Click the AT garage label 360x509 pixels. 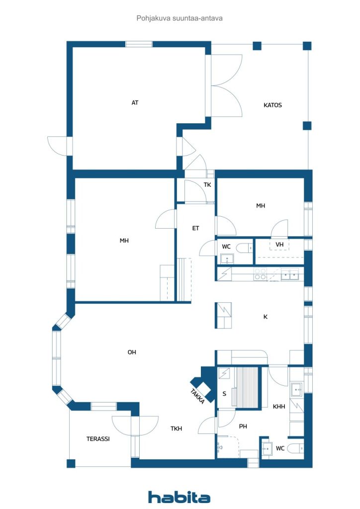coord(135,102)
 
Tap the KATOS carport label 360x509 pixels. coord(272,105)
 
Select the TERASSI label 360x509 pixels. coord(98,439)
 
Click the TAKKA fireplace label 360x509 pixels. coord(198,396)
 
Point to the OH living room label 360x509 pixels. coord(132,352)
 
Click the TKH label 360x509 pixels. coord(176,428)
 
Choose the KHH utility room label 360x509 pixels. coord(279,407)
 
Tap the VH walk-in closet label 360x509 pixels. coord(279,245)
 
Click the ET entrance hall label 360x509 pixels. coord(195,228)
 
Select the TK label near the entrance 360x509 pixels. coord(207,185)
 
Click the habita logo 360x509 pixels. coord(179,497)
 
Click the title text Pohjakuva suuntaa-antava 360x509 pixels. coord(180,18)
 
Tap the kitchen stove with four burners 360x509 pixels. coord(261,274)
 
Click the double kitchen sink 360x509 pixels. coord(290,274)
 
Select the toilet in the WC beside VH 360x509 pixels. coord(245,248)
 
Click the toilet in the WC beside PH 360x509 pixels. coord(296,448)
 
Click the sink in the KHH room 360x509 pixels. coord(297,389)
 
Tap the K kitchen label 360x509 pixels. coord(265,317)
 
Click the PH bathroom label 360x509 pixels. coord(243,426)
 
